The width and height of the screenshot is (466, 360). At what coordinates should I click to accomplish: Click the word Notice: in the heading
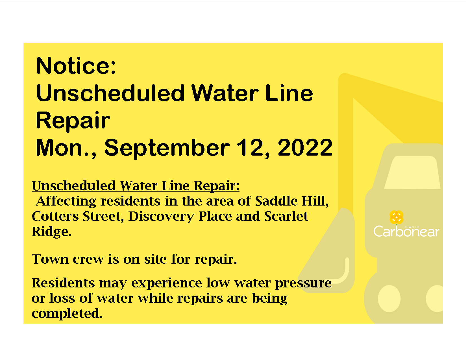click(76, 66)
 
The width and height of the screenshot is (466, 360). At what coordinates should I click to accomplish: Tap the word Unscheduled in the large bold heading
click(110, 93)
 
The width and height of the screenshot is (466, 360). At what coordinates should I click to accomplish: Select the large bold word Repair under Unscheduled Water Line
click(73, 121)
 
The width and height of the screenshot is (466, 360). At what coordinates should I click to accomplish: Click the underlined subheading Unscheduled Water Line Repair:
click(136, 186)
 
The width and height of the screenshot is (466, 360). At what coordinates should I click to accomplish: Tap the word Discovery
click(161, 217)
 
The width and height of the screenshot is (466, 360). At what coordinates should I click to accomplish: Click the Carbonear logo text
click(406, 231)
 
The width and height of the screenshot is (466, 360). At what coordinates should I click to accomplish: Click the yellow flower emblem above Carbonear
click(397, 217)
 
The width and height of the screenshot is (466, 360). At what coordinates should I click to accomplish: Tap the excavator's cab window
click(412, 173)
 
